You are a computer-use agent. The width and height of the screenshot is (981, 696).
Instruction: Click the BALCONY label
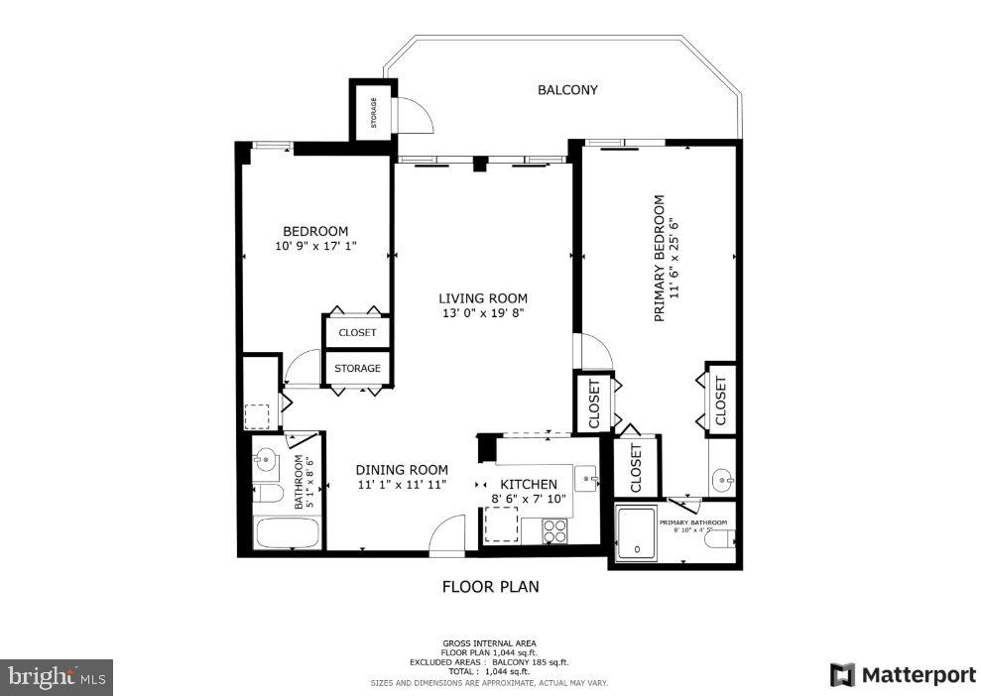[x=567, y=90]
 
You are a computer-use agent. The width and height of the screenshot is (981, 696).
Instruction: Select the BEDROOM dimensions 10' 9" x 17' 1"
[x=315, y=246]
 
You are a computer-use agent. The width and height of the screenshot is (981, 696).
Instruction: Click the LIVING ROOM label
[x=483, y=297]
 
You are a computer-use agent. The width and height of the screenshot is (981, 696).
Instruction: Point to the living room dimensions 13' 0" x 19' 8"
[x=483, y=313]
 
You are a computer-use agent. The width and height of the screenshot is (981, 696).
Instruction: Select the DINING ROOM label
[x=402, y=470]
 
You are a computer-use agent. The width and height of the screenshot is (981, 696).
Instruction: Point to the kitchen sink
[x=586, y=478]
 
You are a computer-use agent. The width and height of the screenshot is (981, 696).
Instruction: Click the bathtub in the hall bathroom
[x=288, y=533]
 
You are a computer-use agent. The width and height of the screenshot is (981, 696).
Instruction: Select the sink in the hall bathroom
[x=265, y=458]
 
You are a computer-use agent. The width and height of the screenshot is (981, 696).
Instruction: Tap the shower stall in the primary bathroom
[x=636, y=532]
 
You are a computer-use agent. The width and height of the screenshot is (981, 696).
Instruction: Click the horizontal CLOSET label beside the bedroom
[x=357, y=332]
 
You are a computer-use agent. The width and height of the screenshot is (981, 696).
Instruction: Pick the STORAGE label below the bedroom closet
[x=357, y=369]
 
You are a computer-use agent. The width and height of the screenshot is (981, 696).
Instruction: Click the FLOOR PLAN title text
[x=490, y=586]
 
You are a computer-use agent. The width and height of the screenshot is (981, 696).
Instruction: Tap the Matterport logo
[x=903, y=675]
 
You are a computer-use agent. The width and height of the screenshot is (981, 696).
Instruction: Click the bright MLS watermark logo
[x=57, y=677]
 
